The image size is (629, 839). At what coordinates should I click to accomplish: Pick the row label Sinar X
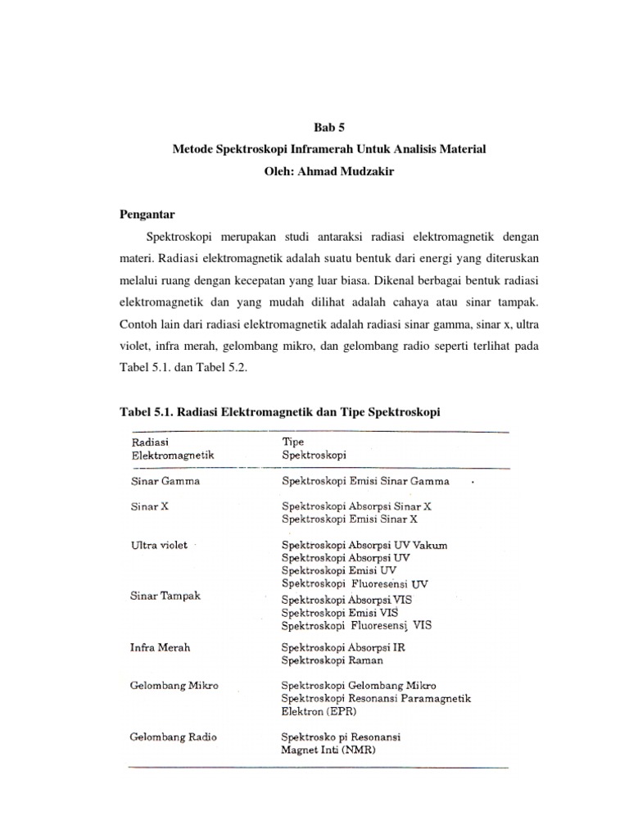(149, 506)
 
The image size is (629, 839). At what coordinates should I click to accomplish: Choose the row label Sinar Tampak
(165, 595)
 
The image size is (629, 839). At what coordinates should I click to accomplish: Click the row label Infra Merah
(161, 647)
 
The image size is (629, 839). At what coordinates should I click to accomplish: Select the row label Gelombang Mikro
(174, 685)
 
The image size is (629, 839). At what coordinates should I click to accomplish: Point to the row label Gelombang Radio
(173, 737)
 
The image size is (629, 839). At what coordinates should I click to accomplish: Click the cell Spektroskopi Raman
(332, 660)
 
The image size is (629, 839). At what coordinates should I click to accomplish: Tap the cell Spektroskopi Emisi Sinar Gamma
(365, 482)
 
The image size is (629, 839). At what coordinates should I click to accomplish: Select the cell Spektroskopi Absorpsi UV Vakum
(364, 545)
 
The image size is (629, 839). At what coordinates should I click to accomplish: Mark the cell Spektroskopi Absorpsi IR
(343, 647)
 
